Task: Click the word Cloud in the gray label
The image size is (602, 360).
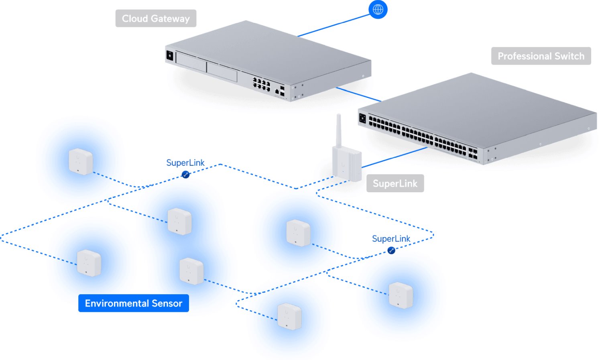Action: (x=135, y=18)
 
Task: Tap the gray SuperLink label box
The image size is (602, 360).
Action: (x=395, y=183)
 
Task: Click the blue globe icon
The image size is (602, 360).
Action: (x=378, y=10)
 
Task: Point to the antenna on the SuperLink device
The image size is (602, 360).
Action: (x=338, y=130)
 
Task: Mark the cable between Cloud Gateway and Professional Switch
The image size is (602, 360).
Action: (x=358, y=94)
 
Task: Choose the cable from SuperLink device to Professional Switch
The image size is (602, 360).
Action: (x=393, y=157)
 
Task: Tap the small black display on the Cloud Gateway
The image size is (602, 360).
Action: (x=169, y=56)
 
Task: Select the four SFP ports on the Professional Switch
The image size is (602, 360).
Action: (x=473, y=153)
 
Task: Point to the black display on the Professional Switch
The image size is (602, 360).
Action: (x=362, y=118)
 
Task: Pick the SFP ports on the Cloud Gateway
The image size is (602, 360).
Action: (x=282, y=91)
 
